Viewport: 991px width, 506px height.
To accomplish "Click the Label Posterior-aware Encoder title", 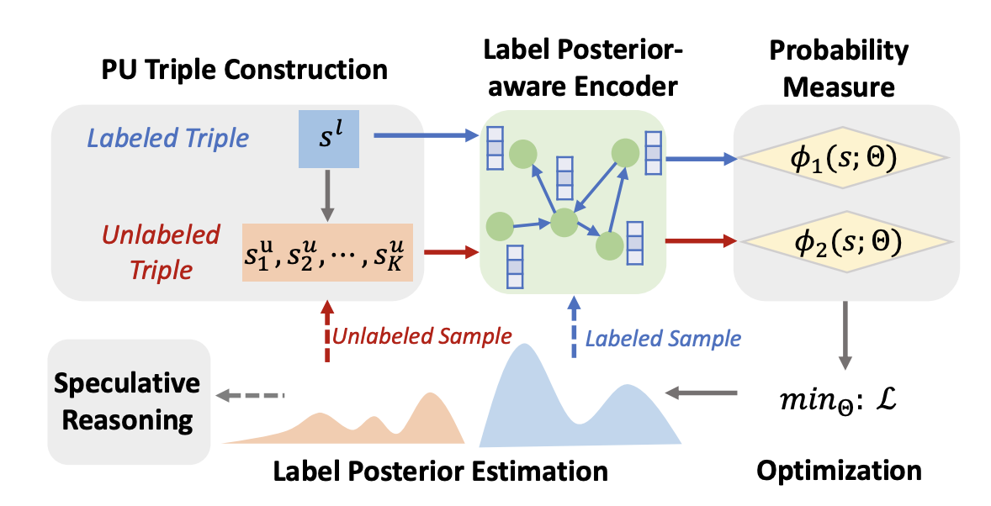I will click(572, 70).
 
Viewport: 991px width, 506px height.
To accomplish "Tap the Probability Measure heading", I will click(840, 70).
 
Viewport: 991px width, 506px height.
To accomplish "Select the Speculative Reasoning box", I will click(128, 402).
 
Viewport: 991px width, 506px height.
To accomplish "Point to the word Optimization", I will click(839, 469).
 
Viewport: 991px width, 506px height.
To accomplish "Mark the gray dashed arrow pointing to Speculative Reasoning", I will click(251, 394).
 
